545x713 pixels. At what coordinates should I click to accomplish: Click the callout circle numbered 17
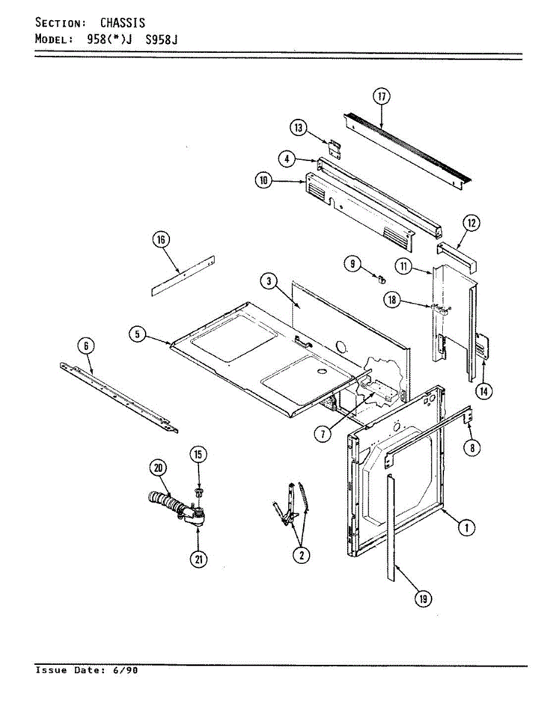tap(381, 97)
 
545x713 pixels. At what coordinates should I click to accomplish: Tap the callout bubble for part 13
tap(298, 127)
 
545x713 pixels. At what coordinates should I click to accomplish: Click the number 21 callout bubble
tap(198, 559)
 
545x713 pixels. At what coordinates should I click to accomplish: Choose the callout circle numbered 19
tap(423, 600)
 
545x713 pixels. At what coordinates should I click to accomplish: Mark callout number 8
tap(472, 449)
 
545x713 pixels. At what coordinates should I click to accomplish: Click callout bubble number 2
tap(301, 555)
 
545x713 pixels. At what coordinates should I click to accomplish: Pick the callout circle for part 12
tap(471, 224)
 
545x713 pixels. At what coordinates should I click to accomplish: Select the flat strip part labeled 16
tap(183, 276)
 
